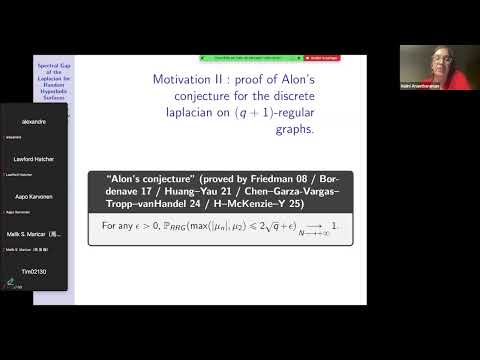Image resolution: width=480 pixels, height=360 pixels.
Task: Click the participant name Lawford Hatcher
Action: click(36, 159)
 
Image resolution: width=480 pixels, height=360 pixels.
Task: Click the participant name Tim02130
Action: click(35, 271)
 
